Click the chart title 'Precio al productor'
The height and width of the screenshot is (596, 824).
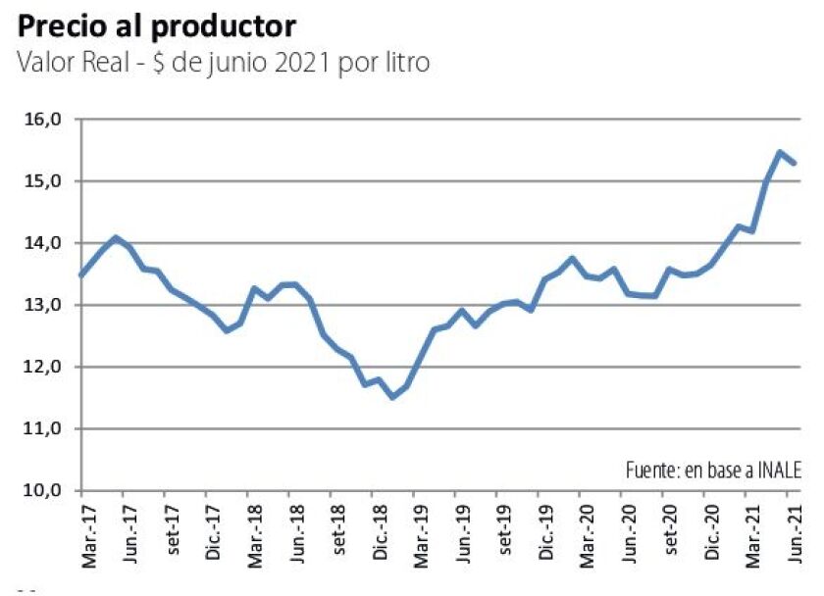click(157, 25)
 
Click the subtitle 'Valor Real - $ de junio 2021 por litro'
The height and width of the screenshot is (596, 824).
click(224, 64)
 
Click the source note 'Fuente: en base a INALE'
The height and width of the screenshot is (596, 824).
click(713, 471)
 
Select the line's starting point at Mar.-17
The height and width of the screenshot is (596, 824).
click(81, 275)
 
